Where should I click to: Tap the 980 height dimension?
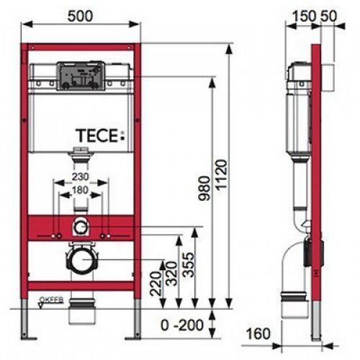[x=206, y=188]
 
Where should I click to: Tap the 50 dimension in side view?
[x=326, y=14]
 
